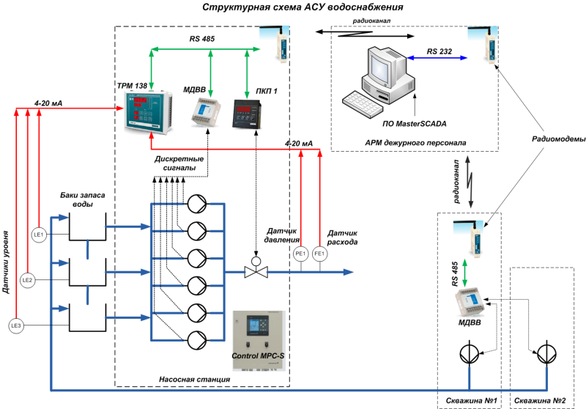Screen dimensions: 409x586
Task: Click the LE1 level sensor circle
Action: point(40,235)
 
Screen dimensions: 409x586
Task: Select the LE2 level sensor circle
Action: point(27,280)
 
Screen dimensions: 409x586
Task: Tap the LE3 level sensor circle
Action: point(15,325)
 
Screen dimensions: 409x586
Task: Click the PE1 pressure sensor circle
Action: point(300,254)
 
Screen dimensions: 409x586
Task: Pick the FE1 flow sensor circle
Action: point(319,254)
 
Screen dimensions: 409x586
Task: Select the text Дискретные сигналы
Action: point(175,163)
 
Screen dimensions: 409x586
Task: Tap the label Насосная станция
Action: point(195,379)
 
